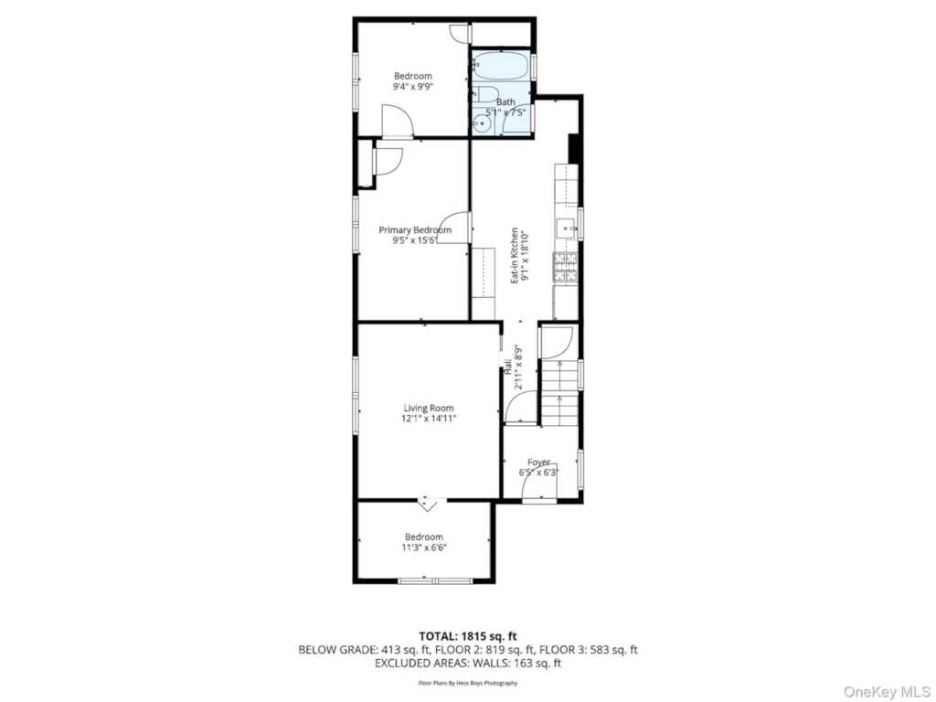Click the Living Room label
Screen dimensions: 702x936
pyautogui.click(x=428, y=408)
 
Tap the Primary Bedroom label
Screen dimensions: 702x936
pyautogui.click(x=415, y=230)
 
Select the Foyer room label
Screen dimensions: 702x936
pyautogui.click(x=538, y=463)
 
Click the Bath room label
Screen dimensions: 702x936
pyautogui.click(x=505, y=101)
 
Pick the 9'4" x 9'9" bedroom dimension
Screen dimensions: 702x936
pyautogui.click(x=413, y=87)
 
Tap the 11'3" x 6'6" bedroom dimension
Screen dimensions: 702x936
pyautogui.click(x=424, y=548)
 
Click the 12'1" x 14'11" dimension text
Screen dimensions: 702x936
pyautogui.click(x=428, y=419)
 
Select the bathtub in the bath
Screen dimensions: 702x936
pyautogui.click(x=499, y=66)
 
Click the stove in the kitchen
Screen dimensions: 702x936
pyautogui.click(x=566, y=267)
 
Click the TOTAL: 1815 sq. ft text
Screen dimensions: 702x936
pyautogui.click(x=467, y=635)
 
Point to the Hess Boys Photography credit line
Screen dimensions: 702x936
pyautogui.click(x=467, y=683)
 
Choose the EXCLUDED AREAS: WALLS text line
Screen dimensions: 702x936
pyautogui.click(x=467, y=664)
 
